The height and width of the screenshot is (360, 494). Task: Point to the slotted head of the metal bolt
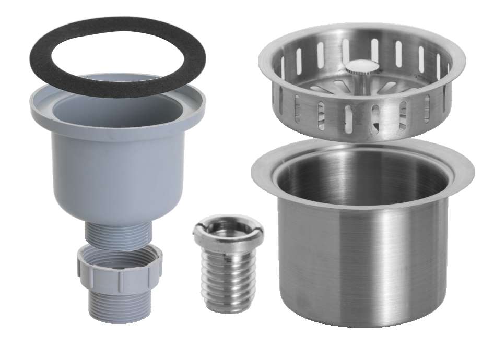(228, 230)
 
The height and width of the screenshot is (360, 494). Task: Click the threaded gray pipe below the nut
(120, 303)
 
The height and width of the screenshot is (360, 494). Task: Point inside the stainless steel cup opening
(360, 177)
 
